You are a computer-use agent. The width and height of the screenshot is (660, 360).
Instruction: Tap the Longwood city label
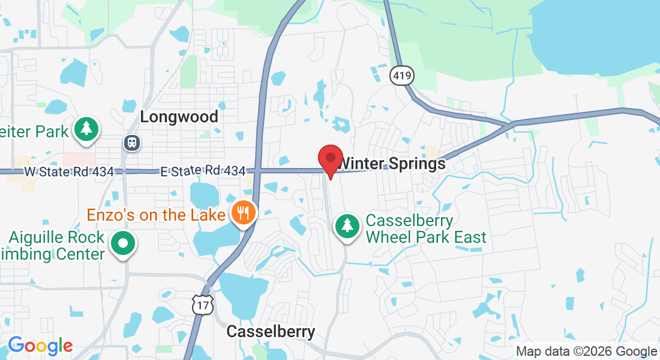pos(179,116)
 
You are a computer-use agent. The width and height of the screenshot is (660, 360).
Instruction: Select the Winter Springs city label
pos(392,164)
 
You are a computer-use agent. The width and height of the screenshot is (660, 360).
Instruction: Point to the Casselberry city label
pos(271,332)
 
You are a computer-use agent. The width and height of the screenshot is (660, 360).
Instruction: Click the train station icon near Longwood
pos(131,143)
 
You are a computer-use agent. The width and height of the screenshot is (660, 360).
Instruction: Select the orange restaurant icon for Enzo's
pos(243,214)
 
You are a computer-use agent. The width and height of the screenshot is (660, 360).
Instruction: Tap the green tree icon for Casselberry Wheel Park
pos(347,227)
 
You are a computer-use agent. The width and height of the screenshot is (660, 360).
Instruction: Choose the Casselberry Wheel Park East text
pos(426,229)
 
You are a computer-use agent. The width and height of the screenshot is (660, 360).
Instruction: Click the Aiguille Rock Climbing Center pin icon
pos(124,244)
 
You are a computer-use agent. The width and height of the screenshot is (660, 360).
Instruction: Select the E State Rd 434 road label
pos(203,172)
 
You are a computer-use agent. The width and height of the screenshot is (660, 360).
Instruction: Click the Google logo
pos(40,346)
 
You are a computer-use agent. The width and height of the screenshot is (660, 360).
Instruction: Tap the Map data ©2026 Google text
pos(587,352)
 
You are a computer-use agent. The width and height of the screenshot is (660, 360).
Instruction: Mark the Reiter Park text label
pos(34,130)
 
